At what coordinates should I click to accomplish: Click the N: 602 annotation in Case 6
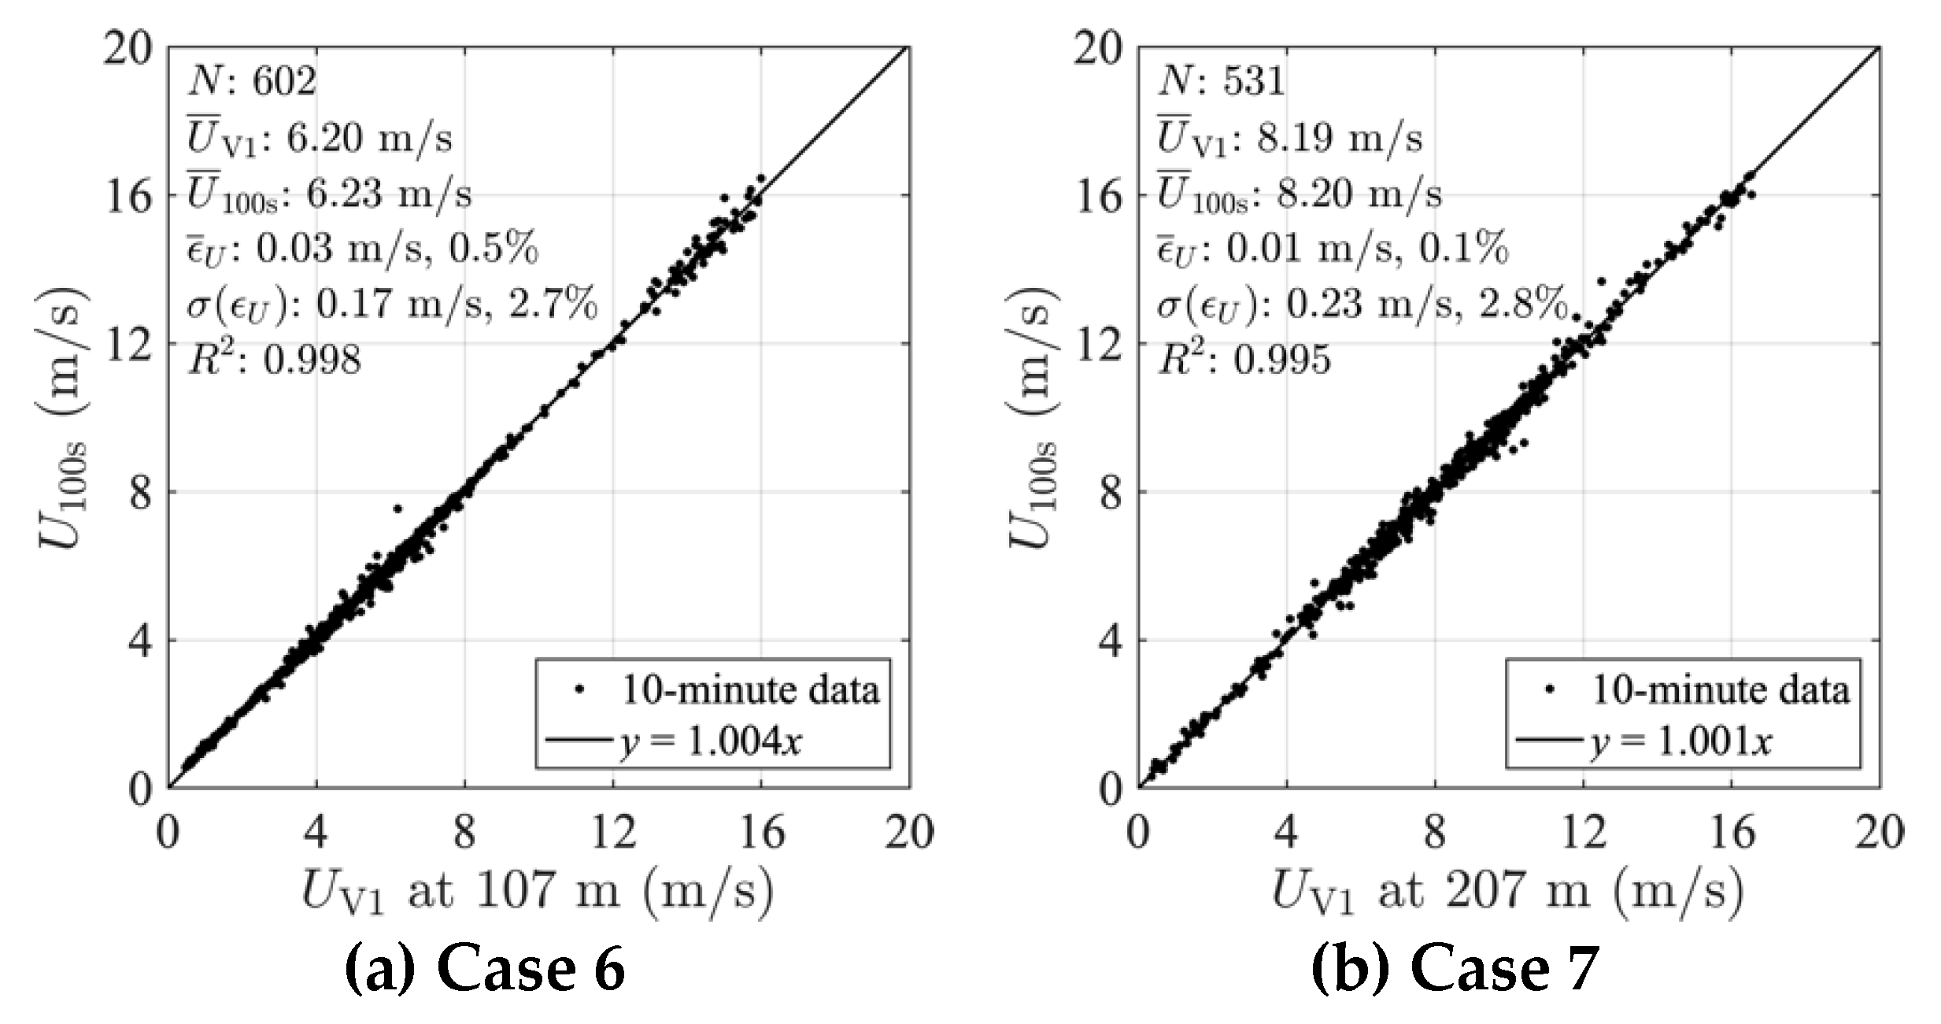click(x=252, y=81)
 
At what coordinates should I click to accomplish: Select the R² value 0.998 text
click(x=274, y=360)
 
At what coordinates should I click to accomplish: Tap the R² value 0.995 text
click(x=1244, y=360)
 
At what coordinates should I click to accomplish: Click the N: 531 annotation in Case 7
click(x=1221, y=81)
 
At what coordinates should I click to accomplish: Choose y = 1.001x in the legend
click(x=1681, y=741)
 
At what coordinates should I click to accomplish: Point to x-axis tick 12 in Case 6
click(x=613, y=832)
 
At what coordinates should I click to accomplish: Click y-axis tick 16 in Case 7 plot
click(x=1098, y=195)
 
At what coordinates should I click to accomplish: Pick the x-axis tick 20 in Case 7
click(x=1880, y=832)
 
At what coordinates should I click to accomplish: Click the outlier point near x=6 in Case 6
click(x=397, y=508)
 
